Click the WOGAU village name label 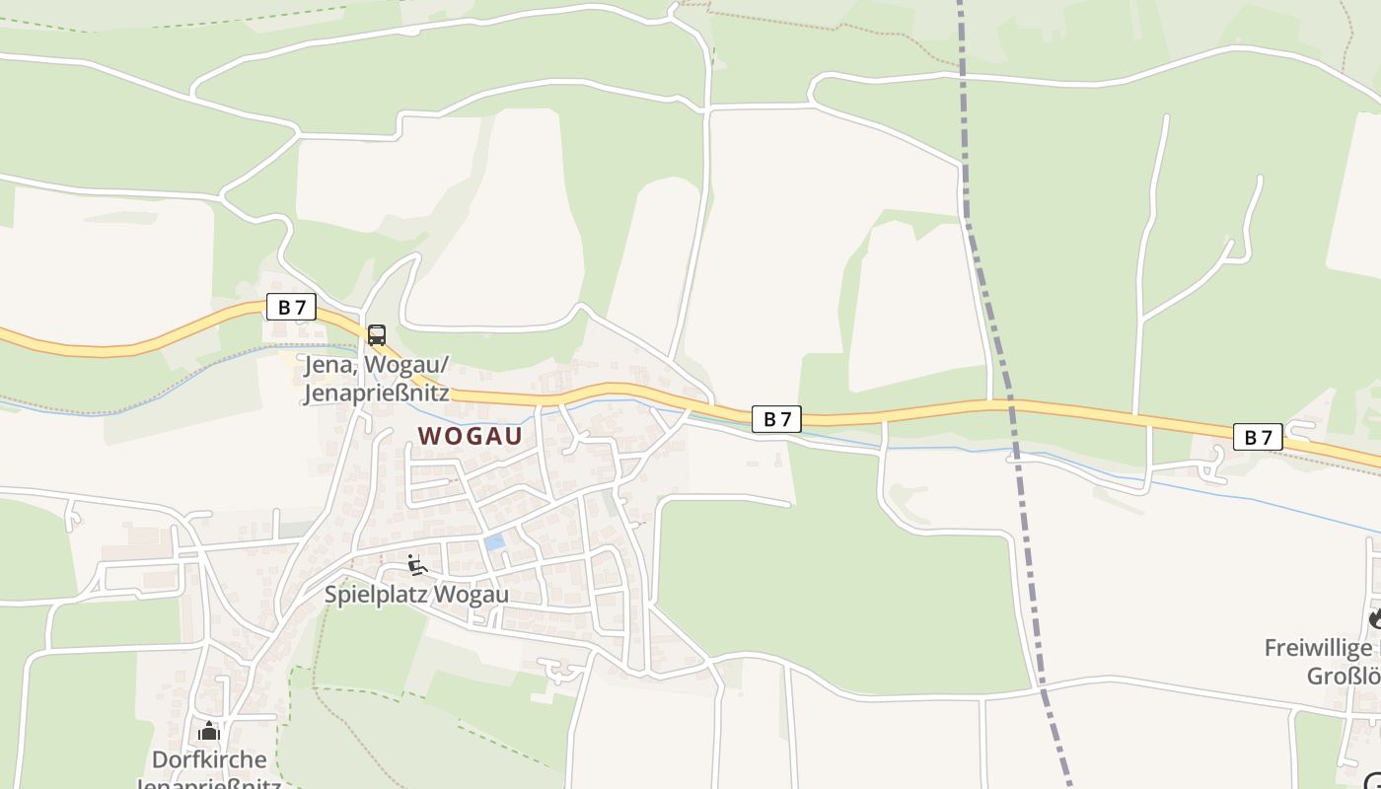[x=470, y=436]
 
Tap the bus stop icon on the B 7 [x=377, y=334]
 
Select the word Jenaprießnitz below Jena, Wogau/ [x=377, y=393]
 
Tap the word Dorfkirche [x=209, y=759]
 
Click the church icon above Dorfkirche [x=209, y=731]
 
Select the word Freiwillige [x=1318, y=648]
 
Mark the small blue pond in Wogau [x=494, y=541]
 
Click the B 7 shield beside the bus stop [x=291, y=307]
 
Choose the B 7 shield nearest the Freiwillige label [x=1258, y=436]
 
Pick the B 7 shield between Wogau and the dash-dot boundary [x=777, y=418]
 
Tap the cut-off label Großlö [x=1342, y=677]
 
